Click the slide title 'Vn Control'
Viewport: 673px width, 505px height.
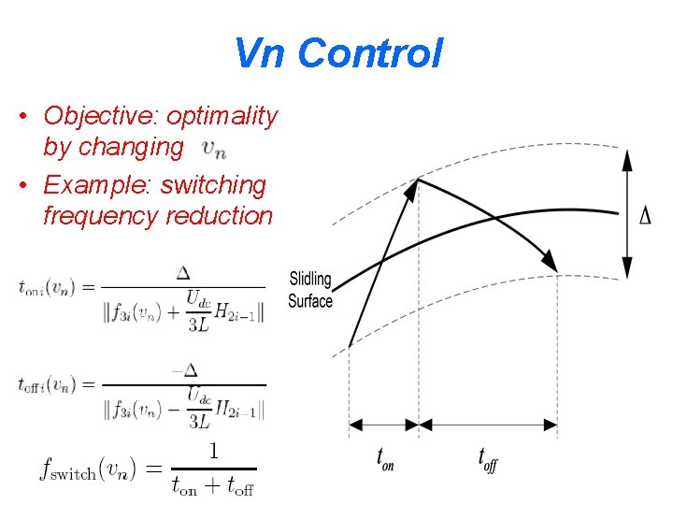click(337, 53)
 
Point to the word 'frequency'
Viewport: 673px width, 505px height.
click(101, 216)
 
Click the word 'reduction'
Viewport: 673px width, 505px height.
click(219, 216)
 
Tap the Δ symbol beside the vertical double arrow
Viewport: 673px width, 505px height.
click(645, 217)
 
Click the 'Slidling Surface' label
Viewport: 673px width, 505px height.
click(310, 290)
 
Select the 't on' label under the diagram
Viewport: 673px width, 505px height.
click(384, 460)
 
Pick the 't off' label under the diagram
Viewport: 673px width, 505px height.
click(487, 460)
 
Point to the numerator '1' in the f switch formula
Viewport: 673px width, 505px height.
click(214, 451)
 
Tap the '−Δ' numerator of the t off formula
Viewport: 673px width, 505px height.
click(185, 368)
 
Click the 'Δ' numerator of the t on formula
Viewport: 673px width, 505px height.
click(183, 272)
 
